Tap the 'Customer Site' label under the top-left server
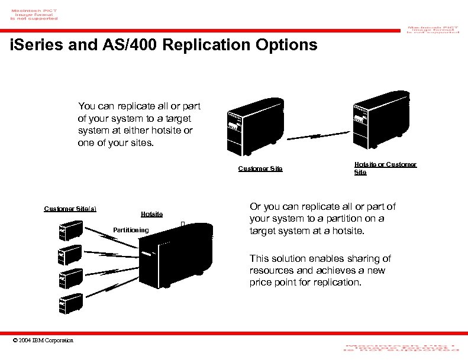[x=260, y=169]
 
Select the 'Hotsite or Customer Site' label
[x=385, y=168]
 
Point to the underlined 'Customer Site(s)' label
[x=70, y=208]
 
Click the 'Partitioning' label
[x=131, y=230]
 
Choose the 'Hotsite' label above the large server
[x=151, y=214]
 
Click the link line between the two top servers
[x=317, y=137]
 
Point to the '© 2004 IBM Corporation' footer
[x=43, y=340]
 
